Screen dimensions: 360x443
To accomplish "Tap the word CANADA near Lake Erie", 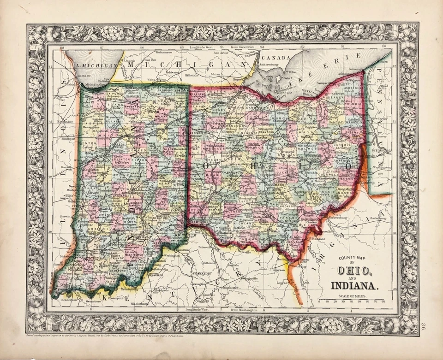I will point(275,58).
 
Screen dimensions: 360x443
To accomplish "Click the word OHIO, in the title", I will point(354,271).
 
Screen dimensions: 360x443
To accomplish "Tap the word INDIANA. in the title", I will point(354,285).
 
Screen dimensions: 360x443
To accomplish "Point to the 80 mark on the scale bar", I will point(383,302).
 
